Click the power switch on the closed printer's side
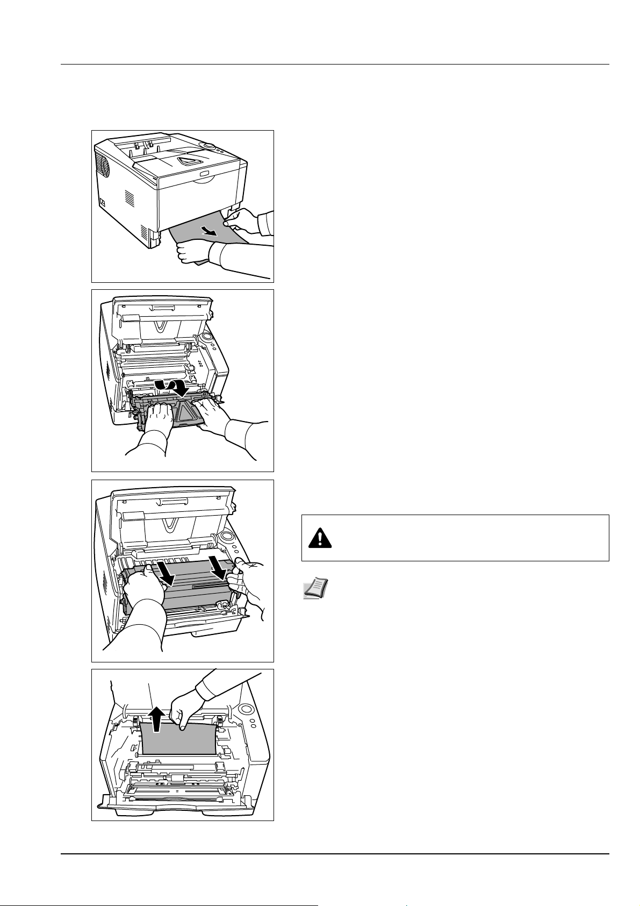pyautogui.click(x=102, y=203)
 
